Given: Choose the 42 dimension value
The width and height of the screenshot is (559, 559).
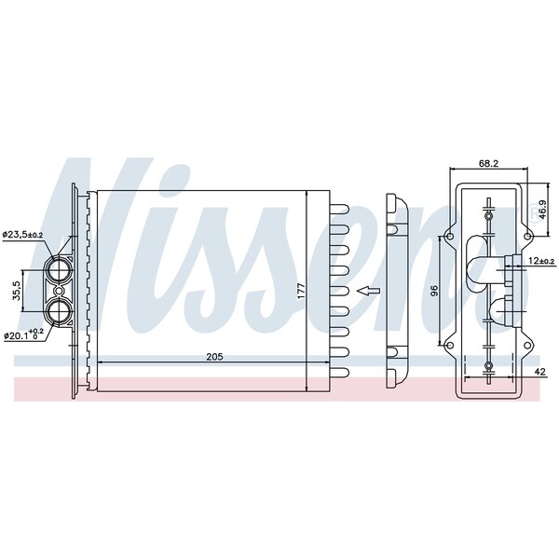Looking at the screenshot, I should [540, 373].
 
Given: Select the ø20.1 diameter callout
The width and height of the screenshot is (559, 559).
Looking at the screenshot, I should [24, 334].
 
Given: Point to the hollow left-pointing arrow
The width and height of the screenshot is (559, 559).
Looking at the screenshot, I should [371, 292].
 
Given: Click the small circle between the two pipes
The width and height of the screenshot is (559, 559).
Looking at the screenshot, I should [489, 292].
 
